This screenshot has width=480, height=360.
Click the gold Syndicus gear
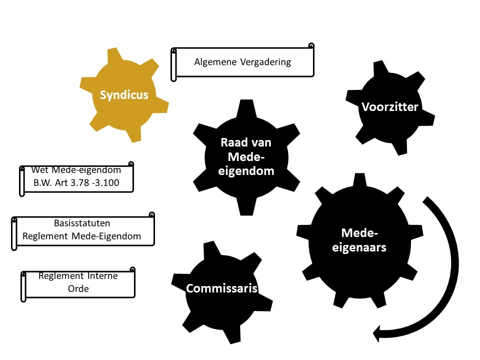(x=123, y=95)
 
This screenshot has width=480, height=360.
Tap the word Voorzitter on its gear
(x=389, y=106)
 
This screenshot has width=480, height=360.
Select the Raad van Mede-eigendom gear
(x=245, y=156)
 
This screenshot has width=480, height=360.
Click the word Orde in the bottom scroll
(x=78, y=288)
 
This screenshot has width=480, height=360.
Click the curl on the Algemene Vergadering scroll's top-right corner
(x=311, y=46)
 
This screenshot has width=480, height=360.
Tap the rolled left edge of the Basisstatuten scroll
(x=14, y=233)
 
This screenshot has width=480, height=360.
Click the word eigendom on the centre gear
(x=245, y=171)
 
